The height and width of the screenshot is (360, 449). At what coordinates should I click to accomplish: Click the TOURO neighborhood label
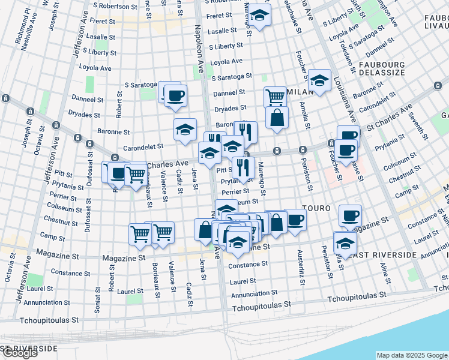click(x=316, y=208)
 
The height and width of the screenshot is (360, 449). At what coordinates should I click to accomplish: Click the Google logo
click(x=19, y=353)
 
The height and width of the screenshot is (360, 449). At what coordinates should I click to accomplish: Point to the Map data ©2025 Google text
click(x=412, y=355)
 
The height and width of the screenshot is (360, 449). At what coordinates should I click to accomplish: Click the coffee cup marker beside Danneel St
click(x=175, y=95)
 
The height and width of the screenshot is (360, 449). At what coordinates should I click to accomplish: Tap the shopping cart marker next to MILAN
click(x=275, y=97)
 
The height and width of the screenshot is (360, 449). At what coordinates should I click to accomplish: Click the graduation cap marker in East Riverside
click(x=345, y=242)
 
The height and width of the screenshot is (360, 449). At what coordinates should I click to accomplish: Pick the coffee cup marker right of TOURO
click(x=350, y=215)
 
